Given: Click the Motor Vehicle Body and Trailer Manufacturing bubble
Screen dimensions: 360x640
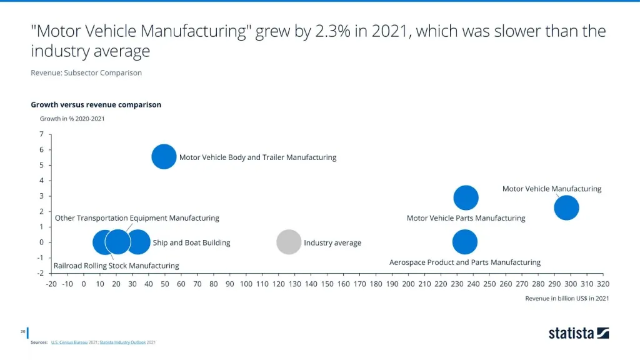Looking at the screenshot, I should click(x=164, y=157).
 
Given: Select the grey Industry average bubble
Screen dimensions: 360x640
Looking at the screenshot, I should click(x=289, y=242).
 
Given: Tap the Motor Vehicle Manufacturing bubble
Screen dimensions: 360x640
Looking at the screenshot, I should click(x=566, y=207).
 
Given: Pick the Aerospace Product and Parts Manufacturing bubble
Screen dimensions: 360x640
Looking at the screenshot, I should click(x=464, y=242).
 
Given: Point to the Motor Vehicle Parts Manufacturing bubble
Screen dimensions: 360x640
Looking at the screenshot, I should click(x=466, y=197).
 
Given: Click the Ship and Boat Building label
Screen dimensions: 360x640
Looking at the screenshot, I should click(x=191, y=243).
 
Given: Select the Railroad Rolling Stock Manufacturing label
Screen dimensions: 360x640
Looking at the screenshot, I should click(x=116, y=266).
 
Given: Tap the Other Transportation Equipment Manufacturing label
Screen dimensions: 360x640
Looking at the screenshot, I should click(x=137, y=218).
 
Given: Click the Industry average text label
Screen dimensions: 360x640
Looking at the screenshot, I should click(x=332, y=243).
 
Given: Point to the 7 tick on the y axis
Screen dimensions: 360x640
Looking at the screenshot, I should click(x=41, y=134).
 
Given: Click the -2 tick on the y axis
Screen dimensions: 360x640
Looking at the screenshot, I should click(x=39, y=273).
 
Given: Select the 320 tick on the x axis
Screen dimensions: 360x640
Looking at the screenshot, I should click(x=603, y=284).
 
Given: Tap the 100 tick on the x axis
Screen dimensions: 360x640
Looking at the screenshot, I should click(x=246, y=284).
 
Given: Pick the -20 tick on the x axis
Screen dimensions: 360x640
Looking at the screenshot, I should click(x=51, y=284).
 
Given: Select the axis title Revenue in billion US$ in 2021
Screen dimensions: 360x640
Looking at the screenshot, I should click(x=567, y=298).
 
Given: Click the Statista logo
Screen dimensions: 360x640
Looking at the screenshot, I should click(x=579, y=333).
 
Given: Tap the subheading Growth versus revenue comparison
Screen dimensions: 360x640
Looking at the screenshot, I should click(x=96, y=104).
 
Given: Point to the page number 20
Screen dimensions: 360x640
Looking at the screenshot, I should click(x=22, y=331).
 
